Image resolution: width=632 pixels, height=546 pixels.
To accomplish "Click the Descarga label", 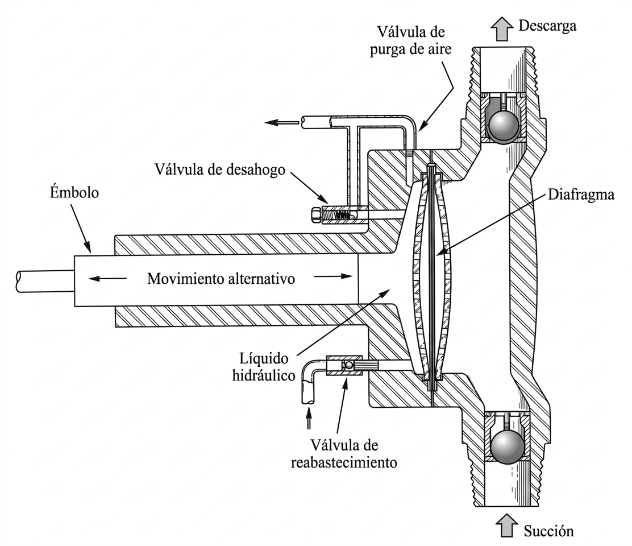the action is (x=547, y=26).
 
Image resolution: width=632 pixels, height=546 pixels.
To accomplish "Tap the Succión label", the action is (x=548, y=531).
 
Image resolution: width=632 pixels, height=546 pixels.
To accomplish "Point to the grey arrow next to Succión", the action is (x=506, y=526).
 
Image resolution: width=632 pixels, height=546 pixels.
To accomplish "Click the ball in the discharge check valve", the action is (x=504, y=125).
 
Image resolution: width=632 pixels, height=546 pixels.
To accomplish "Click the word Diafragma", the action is (x=581, y=195).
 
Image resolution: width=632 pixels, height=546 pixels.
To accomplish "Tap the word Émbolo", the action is (x=74, y=192).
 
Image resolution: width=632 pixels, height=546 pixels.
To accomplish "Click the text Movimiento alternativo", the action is (x=221, y=279).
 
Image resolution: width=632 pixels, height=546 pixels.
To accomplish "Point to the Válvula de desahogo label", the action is (x=220, y=169).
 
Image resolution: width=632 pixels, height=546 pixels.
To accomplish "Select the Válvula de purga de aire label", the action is (x=411, y=40).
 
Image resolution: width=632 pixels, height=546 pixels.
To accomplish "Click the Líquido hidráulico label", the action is (x=264, y=367).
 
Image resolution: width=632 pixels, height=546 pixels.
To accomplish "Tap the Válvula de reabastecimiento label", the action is (x=344, y=454).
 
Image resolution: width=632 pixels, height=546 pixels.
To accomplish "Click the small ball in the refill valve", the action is (x=348, y=365).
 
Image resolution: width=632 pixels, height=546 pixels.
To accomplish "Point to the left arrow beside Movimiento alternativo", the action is (x=107, y=278).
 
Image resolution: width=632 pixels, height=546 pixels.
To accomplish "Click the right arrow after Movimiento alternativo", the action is (x=333, y=276).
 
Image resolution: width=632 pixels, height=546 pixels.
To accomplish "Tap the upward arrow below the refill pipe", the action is (x=309, y=418).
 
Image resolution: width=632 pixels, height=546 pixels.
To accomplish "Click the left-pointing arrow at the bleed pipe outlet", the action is (x=281, y=122).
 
